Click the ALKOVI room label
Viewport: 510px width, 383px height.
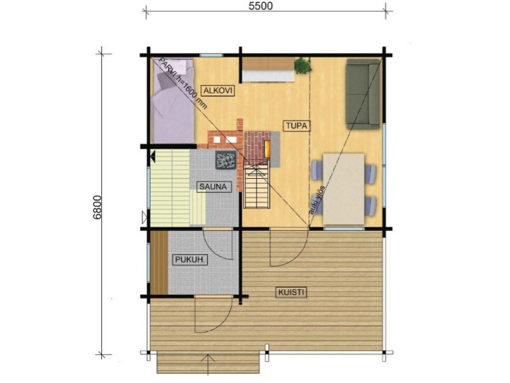pyautogui.click(x=217, y=90)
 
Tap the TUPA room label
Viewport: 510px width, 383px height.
pyautogui.click(x=296, y=126)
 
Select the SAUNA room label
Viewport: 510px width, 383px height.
pyautogui.click(x=213, y=186)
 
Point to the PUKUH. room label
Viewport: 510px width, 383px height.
pyautogui.click(x=190, y=260)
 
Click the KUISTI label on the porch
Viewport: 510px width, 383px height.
pyautogui.click(x=291, y=292)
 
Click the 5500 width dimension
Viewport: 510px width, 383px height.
pyautogui.click(x=261, y=6)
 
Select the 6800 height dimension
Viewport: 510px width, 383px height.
pyautogui.click(x=98, y=209)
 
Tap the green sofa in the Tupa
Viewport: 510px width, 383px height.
pyautogui.click(x=363, y=94)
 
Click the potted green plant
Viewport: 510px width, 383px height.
pyautogui.click(x=302, y=66)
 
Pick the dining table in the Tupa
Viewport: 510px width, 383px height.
pyautogui.click(x=344, y=189)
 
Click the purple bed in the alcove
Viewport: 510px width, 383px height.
pyautogui.click(x=173, y=101)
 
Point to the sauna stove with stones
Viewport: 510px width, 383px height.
pyautogui.click(x=226, y=160)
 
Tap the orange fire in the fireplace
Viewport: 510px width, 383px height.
pyautogui.click(x=266, y=149)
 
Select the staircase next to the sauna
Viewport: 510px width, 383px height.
pyautogui.click(x=257, y=186)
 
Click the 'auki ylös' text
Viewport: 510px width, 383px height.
pyautogui.click(x=316, y=200)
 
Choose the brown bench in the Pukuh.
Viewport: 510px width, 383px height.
pyautogui.click(x=159, y=262)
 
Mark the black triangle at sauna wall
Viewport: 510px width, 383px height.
pyautogui.click(x=153, y=156)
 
